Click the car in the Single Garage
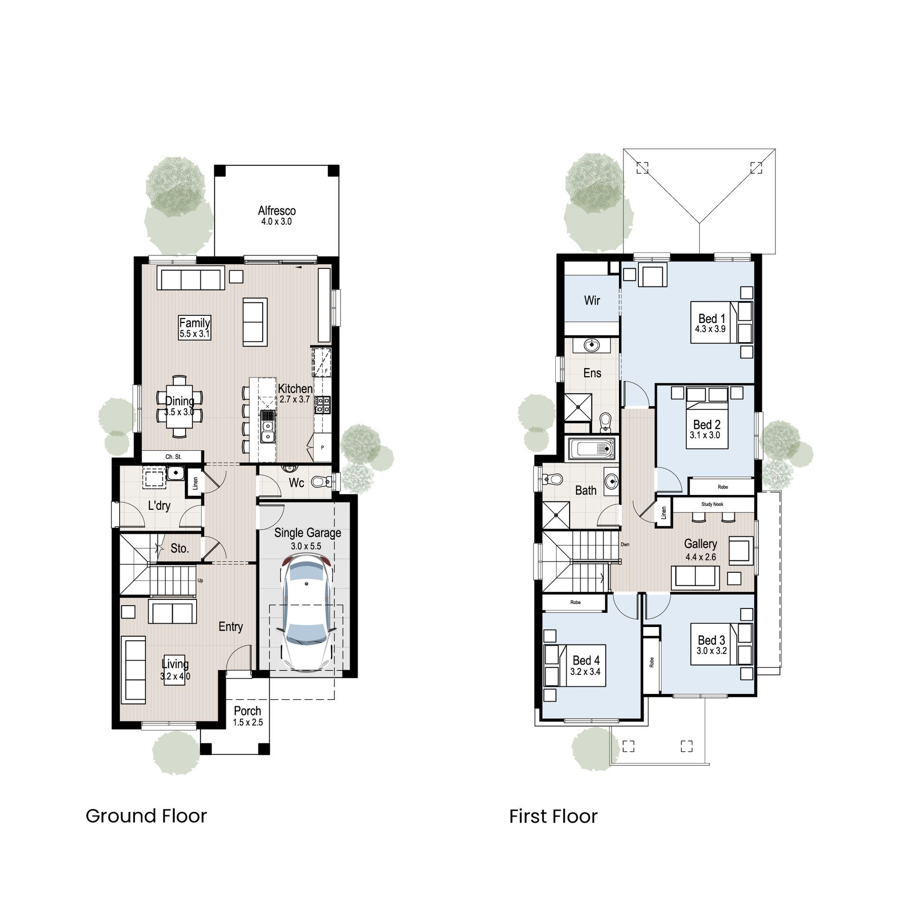306,615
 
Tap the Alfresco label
276,210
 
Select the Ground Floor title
146,816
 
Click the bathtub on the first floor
592,448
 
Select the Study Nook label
712,504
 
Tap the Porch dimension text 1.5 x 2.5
247,722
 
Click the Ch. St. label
173,456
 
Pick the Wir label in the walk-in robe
592,300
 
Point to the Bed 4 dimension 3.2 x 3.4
585,672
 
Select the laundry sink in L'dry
175,473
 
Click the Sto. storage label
180,549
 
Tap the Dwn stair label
625,544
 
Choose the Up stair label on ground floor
200,580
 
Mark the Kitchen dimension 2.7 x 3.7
294,399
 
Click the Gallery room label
700,544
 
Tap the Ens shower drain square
578,407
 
